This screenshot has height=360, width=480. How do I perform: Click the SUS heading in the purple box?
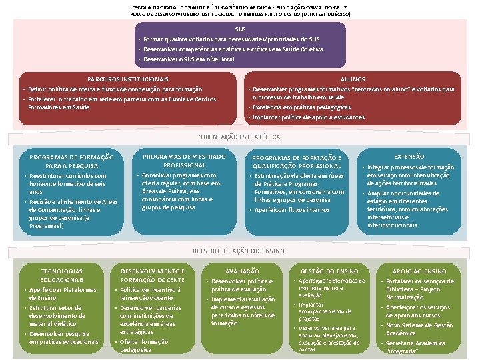pos(240,29)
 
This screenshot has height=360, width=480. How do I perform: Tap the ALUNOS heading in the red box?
pos(357,79)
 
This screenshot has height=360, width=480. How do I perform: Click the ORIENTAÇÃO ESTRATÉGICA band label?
pos(239,137)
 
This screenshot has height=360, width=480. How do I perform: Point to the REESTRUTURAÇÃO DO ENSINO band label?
pos(238,251)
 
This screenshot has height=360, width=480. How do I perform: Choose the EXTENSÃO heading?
pos(409,156)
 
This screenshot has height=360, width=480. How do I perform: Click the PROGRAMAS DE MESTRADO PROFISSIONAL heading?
pos(185,161)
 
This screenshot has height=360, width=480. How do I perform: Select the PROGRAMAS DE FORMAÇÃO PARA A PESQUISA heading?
pos(72,161)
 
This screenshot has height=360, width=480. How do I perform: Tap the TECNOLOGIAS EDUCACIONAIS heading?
pos(62,275)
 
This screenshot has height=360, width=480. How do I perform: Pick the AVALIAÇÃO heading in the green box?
pos(242,271)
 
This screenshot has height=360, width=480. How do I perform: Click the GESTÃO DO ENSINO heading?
pos(329,271)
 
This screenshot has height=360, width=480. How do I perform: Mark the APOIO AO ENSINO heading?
pos(419,271)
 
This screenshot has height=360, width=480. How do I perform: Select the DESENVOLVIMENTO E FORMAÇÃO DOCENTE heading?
pos(151,275)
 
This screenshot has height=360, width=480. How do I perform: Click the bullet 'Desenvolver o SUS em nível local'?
pos(189,59)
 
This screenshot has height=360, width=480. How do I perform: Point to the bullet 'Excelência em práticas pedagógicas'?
pos(297,107)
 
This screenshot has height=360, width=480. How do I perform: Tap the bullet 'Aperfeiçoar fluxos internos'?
pos(292,209)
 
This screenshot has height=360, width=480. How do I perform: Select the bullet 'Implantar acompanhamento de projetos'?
pos(320,311)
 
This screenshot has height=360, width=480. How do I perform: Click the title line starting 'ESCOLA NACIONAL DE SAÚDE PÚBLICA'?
pos(239,5)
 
